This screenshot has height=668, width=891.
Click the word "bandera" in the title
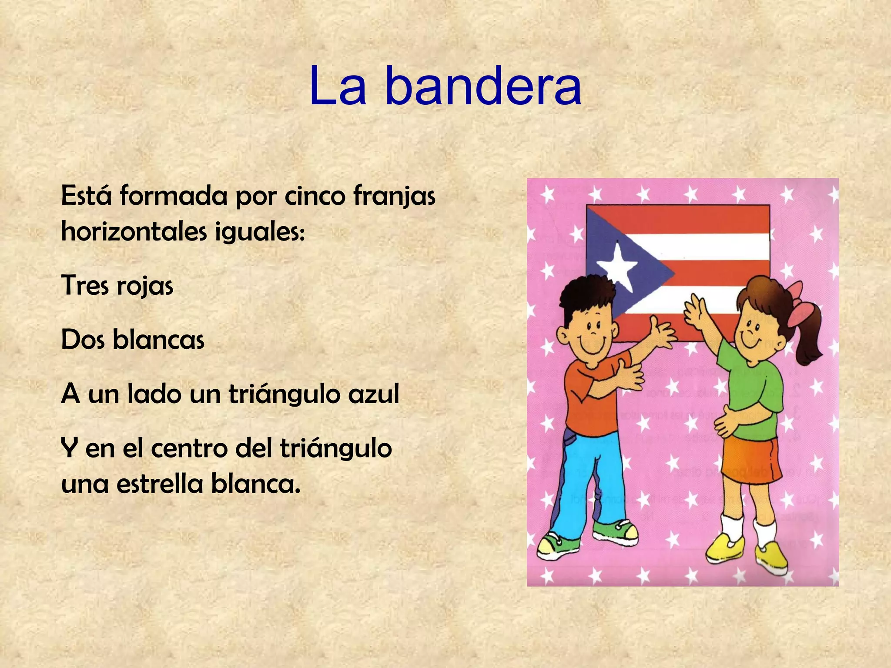click(483, 87)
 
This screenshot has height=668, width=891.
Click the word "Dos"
click(83, 340)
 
